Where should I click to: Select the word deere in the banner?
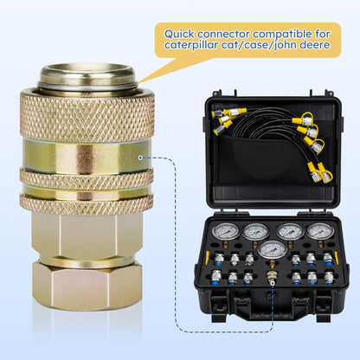(311, 48)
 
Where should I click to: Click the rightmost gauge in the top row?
(319, 231)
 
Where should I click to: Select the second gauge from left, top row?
(256, 231)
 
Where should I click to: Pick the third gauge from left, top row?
(291, 231)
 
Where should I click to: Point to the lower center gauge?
(273, 251)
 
